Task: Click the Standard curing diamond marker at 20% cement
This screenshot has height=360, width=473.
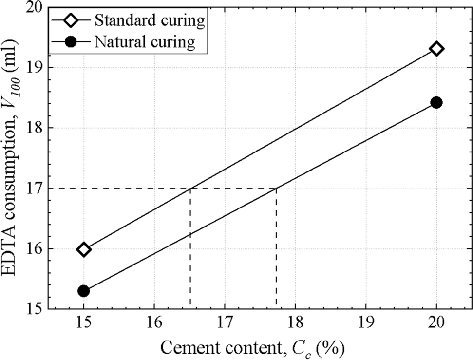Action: click(436, 49)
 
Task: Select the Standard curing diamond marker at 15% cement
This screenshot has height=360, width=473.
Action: click(84, 250)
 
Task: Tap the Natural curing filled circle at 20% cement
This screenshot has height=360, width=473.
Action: click(436, 102)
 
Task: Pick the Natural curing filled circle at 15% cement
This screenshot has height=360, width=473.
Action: click(84, 291)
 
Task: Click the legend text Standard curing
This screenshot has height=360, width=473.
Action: click(150, 20)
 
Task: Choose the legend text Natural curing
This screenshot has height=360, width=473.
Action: click(145, 42)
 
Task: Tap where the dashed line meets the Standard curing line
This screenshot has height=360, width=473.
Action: click(190, 188)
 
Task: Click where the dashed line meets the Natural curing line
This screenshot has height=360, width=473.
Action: click(276, 188)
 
